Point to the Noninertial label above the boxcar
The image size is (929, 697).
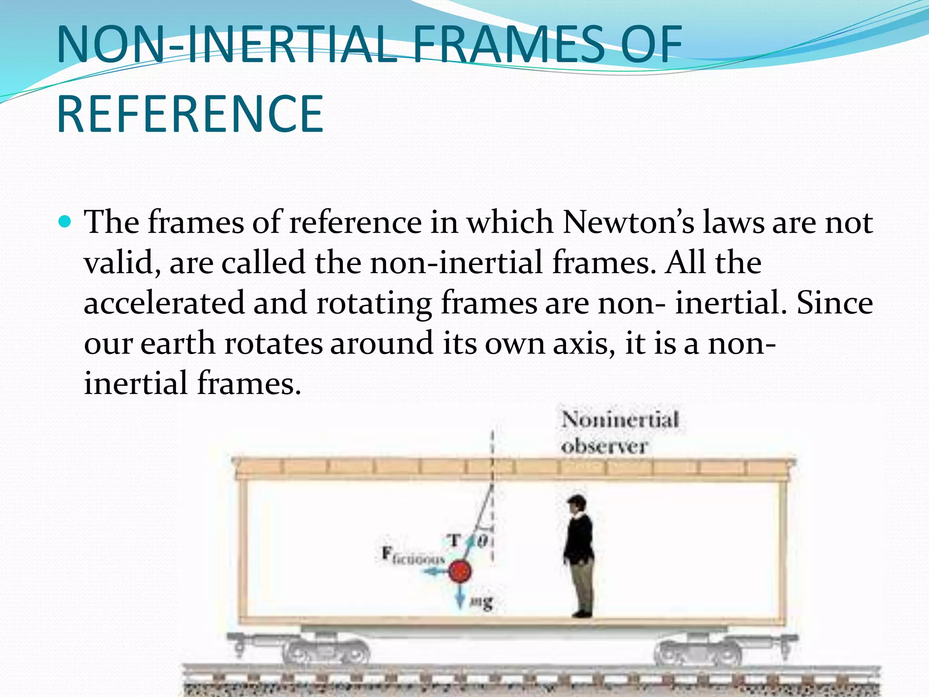tap(620, 419)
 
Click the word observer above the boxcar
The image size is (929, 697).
tap(604, 447)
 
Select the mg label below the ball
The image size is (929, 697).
tap(481, 603)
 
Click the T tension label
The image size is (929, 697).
tap(454, 540)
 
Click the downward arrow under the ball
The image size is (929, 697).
tap(460, 597)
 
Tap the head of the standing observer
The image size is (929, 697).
tap(577, 504)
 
